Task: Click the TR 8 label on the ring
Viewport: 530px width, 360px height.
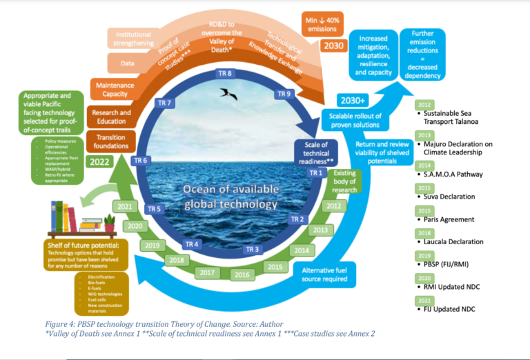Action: coord(225,74)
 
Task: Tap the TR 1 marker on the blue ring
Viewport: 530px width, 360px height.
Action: coord(315,172)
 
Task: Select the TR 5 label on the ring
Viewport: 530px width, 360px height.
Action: coord(155,209)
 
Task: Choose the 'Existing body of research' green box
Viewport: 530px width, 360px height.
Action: coord(345,181)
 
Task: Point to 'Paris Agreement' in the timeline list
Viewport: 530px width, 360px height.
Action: coord(449,219)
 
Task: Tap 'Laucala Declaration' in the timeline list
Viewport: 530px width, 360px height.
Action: coord(453,241)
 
